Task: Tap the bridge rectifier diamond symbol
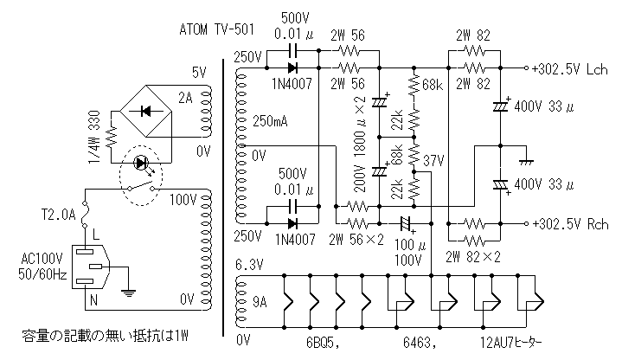pyautogui.click(x=144, y=110)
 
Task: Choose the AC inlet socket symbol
pyautogui.click(x=91, y=267)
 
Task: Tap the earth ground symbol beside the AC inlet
pyautogui.click(x=128, y=292)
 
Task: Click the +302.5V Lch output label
pyautogui.click(x=573, y=67)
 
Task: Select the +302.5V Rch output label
pyautogui.click(x=573, y=224)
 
